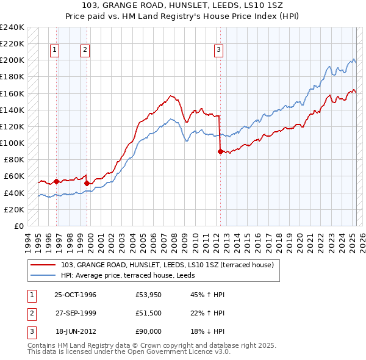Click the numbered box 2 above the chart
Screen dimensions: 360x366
point(85,51)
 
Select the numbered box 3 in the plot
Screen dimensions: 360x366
point(219,51)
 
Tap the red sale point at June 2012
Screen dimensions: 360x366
point(220,152)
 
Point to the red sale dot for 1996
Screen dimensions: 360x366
point(56,181)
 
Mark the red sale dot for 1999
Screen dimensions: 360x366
point(87,183)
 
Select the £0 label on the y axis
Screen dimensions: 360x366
point(18,226)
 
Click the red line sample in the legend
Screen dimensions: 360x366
point(43,265)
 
